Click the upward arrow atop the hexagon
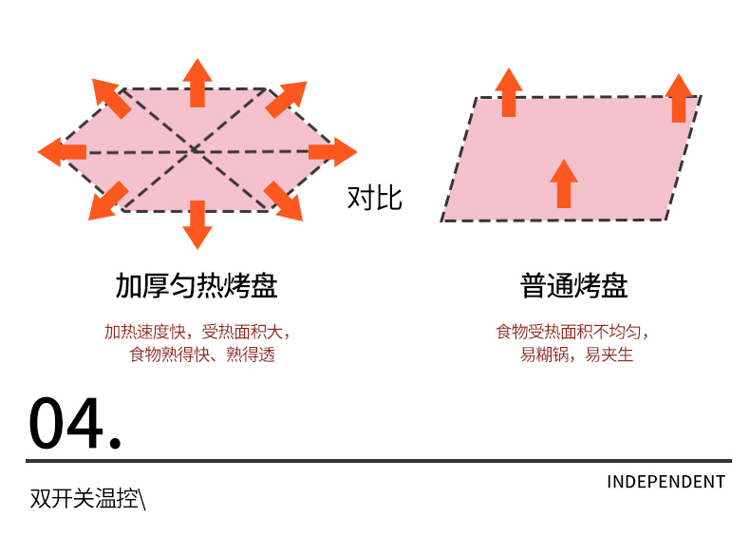tap(197, 83)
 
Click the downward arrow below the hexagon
tap(197, 224)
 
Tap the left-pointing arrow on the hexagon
tap(62, 152)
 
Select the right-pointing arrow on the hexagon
tap(333, 152)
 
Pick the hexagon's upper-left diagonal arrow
tap(111, 98)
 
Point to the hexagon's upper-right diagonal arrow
tap(286, 100)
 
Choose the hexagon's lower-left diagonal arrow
tap(109, 201)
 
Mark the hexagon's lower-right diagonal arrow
tap(283, 201)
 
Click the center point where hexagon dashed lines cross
tap(194, 150)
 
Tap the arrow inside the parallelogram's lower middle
tap(564, 183)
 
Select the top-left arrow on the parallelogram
tap(509, 92)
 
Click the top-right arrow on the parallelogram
tap(679, 98)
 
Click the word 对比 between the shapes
tap(374, 198)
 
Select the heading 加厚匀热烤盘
tap(197, 286)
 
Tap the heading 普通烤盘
tap(574, 286)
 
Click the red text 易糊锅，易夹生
tap(576, 355)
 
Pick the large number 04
tap(75, 423)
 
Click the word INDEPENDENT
tap(666, 482)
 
